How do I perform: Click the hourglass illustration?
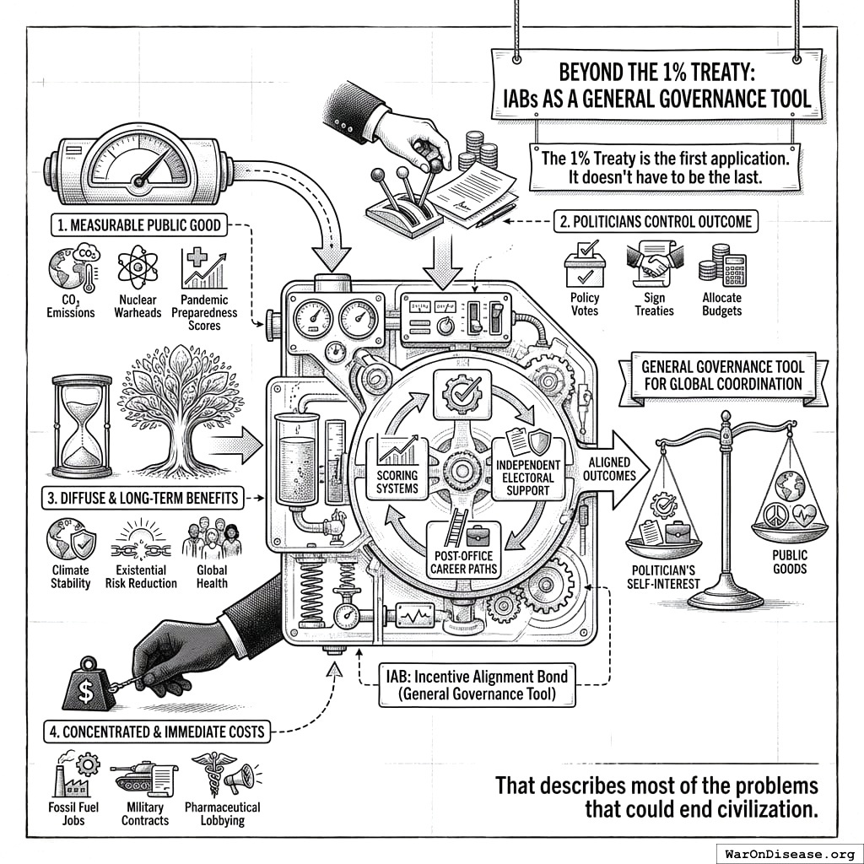pos(82,425)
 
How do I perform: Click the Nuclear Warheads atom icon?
pos(137,267)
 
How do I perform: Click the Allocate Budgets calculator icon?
pos(721,265)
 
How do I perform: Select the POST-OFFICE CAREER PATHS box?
pos(463,549)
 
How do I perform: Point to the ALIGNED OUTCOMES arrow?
pos(614,469)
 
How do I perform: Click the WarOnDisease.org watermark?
pos(788,852)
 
